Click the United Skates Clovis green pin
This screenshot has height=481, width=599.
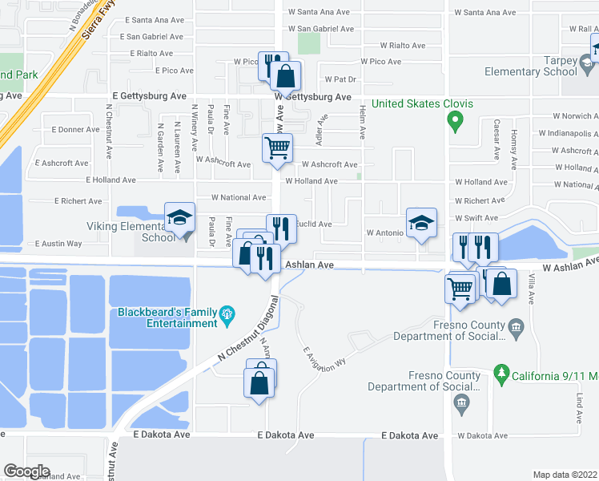456,121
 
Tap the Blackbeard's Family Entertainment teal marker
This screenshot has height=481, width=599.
227,312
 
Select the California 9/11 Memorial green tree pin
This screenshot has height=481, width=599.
501,372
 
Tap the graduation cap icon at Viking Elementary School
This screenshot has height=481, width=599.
179,216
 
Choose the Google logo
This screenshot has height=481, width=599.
26,471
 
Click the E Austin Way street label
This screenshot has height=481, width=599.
58,243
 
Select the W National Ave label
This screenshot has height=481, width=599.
239,197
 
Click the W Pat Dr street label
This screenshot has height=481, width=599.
340,79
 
